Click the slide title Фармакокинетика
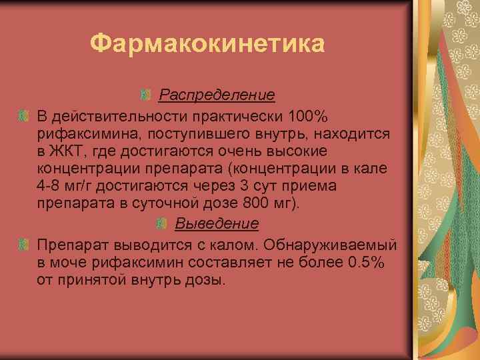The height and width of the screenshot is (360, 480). click(x=207, y=45)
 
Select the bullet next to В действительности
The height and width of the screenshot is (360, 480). click(x=23, y=116)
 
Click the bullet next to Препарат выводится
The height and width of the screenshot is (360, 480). click(x=23, y=245)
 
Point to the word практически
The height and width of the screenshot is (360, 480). click(x=226, y=116)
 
